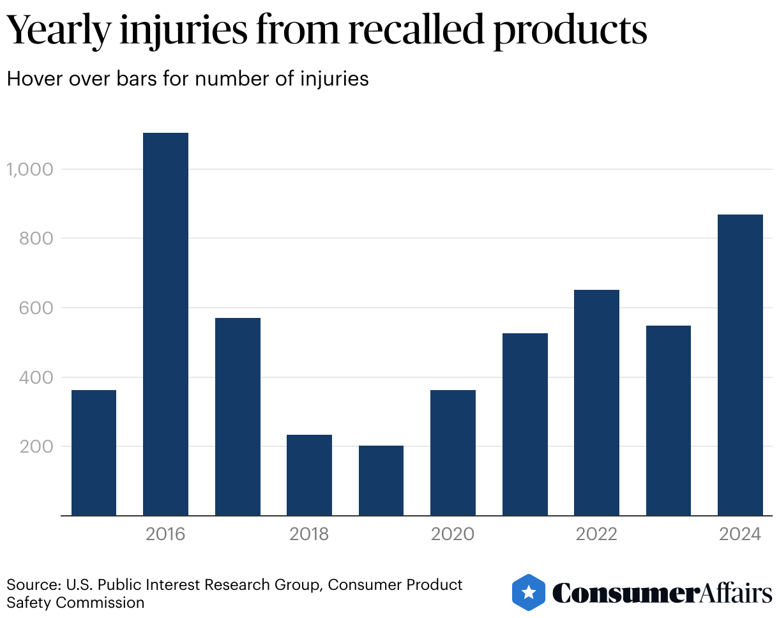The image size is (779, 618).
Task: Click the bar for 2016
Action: (165, 324)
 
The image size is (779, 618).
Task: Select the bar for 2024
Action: (740, 365)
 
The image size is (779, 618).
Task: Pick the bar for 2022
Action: (596, 402)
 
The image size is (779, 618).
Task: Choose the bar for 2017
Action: (238, 416)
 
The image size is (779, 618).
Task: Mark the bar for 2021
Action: (525, 424)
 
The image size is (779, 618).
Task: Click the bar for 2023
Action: (669, 420)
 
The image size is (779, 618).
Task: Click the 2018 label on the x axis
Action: (309, 534)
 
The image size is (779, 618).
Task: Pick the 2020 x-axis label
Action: (453, 534)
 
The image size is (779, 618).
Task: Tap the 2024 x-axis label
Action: (740, 534)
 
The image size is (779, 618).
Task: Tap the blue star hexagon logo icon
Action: (529, 592)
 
